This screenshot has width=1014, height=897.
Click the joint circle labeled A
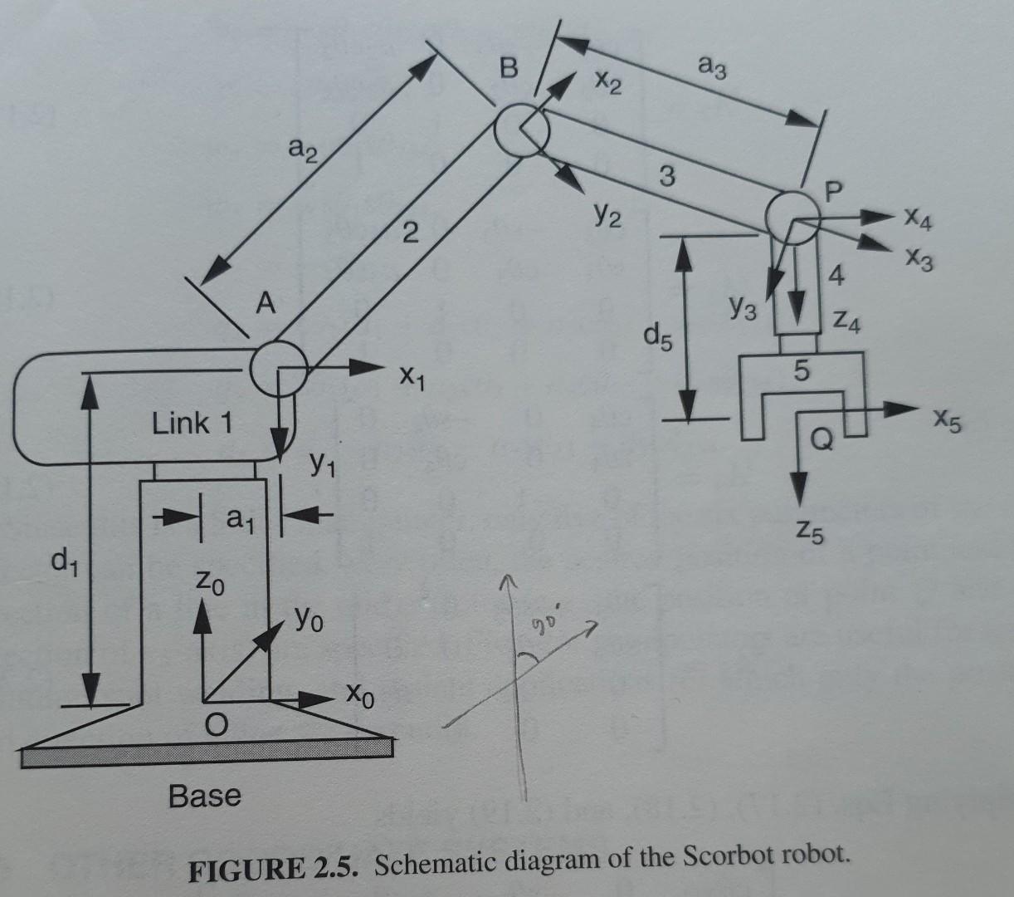[x=279, y=369]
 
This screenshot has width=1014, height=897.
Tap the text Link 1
[x=192, y=424]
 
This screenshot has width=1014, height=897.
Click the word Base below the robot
[x=205, y=796]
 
